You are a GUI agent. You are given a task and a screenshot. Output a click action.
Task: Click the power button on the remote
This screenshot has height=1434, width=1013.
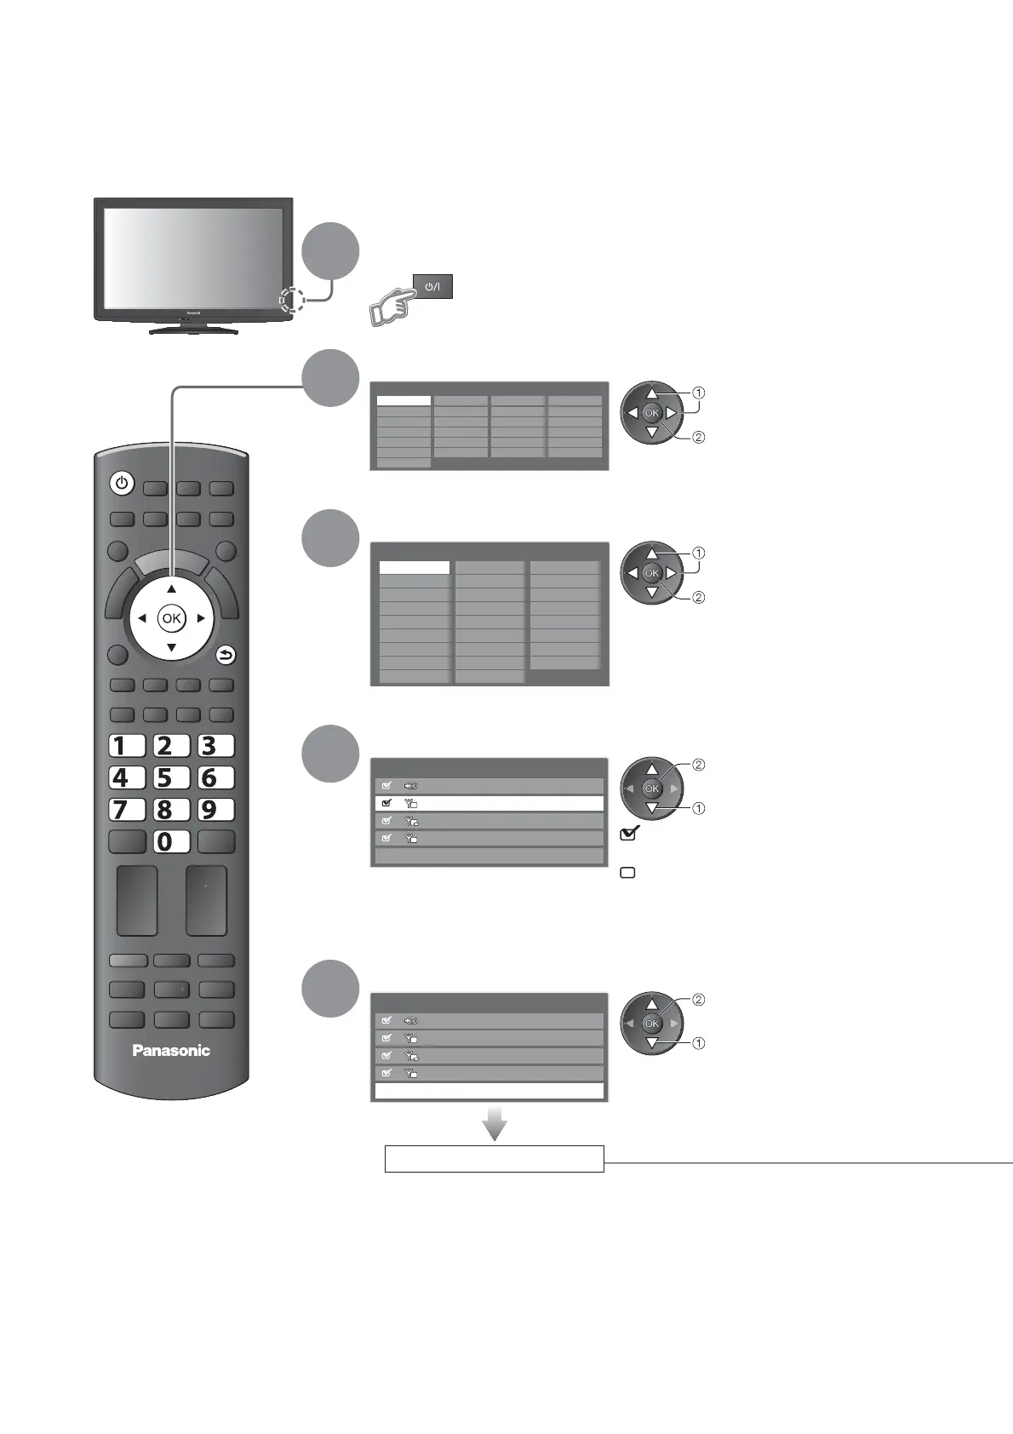[x=122, y=484]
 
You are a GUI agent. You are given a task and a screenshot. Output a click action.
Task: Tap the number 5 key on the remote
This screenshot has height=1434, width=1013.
[x=170, y=777]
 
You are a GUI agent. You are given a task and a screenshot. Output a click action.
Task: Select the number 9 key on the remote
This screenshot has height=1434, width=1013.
[x=215, y=809]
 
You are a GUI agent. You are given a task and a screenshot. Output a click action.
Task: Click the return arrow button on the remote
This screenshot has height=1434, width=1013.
[x=226, y=655]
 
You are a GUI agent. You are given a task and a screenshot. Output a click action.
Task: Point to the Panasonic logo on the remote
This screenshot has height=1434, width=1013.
[x=171, y=1051]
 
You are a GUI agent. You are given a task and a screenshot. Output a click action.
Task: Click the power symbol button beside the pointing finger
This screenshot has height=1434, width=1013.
[x=432, y=286]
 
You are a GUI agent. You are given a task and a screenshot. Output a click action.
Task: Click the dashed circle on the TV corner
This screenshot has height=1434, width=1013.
[x=291, y=298]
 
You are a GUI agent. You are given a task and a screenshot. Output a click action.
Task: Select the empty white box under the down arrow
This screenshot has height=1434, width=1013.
[x=494, y=1159]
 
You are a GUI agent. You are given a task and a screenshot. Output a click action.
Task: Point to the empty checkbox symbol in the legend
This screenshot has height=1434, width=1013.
[x=628, y=873]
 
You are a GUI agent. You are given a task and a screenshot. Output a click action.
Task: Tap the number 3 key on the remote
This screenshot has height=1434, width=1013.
[x=215, y=746]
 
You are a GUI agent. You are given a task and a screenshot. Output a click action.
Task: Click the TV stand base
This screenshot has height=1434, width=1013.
[x=193, y=329]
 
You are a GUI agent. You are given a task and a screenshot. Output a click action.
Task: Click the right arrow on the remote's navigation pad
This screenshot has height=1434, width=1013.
[x=201, y=619]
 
